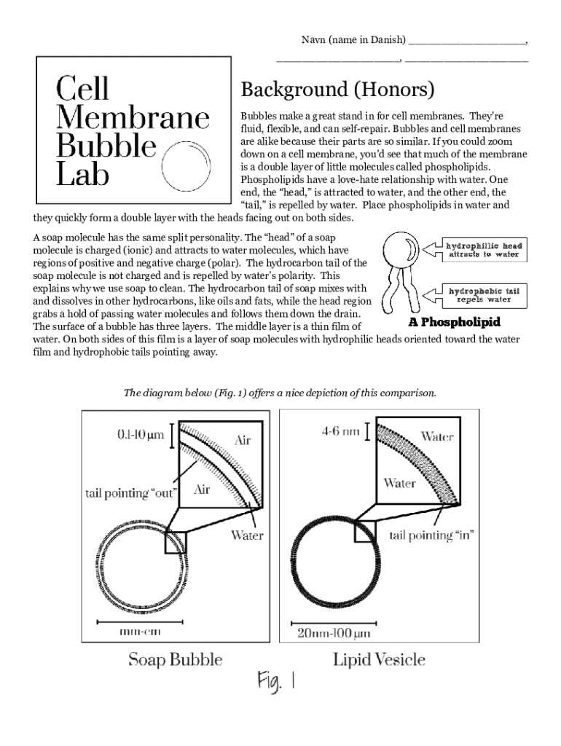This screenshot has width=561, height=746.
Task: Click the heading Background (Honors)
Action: [337, 90]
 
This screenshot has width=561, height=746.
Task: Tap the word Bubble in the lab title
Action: [106, 146]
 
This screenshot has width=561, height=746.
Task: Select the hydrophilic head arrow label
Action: [483, 250]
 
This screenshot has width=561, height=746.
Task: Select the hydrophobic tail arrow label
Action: [483, 295]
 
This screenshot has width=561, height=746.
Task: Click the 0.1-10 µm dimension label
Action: [141, 436]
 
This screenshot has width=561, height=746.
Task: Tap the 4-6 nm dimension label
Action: [341, 431]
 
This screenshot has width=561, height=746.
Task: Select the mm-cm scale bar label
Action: [140, 632]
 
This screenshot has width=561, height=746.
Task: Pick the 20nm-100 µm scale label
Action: [334, 633]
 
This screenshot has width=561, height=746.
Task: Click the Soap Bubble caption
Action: [176, 660]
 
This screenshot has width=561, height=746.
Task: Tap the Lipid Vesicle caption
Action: [379, 660]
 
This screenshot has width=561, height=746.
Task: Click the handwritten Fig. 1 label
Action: [275, 683]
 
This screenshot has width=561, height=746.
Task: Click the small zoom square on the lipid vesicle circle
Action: [365, 531]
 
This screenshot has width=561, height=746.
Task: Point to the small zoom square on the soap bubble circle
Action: [176, 542]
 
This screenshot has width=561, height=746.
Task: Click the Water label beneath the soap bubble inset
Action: [247, 535]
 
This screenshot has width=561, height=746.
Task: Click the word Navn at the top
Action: [314, 39]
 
